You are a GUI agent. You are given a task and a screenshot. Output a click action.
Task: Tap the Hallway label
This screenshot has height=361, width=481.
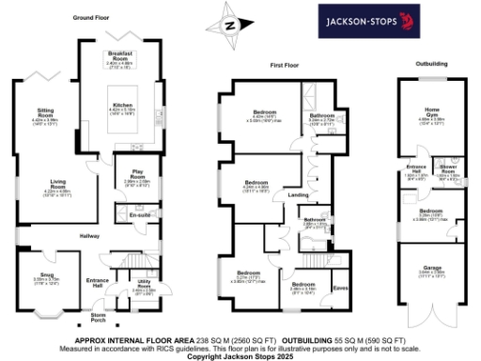point(88,236)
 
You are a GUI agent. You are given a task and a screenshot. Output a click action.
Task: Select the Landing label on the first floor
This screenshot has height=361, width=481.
point(297,195)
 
